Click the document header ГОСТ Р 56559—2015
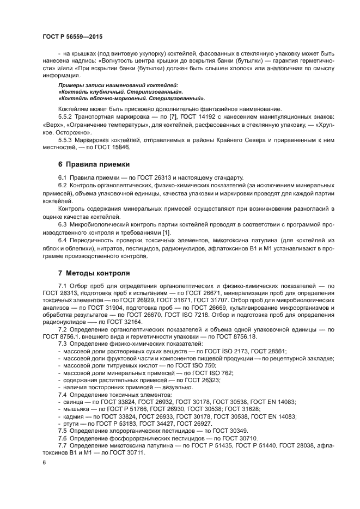pyautogui.click(x=72, y=36)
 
